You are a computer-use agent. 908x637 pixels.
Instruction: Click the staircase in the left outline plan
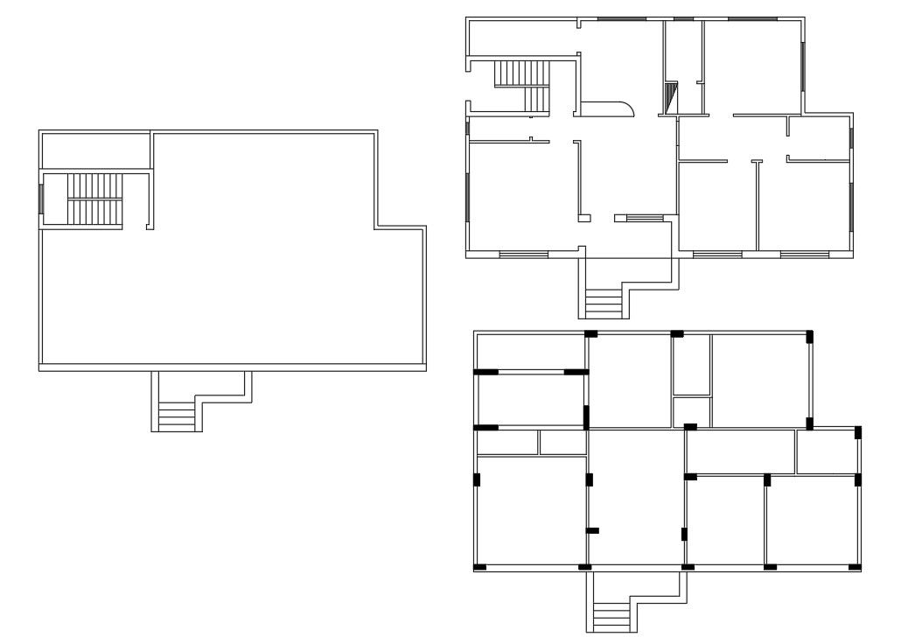(x=94, y=199)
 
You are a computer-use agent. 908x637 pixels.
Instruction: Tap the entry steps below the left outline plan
(x=177, y=416)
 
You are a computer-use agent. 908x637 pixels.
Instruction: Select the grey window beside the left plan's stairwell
(x=41, y=199)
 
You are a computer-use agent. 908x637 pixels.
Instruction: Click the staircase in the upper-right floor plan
(x=522, y=85)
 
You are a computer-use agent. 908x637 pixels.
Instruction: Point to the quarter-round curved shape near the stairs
(x=607, y=108)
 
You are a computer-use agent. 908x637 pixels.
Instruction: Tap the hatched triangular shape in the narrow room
(x=672, y=98)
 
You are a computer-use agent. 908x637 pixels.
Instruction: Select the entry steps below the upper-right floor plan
(x=603, y=303)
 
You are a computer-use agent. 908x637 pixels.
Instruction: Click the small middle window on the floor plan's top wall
(x=684, y=17)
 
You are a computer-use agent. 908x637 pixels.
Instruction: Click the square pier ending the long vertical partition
(x=584, y=217)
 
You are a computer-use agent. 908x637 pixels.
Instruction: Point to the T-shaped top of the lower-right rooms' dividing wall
(x=757, y=160)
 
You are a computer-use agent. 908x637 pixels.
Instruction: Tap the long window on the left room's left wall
(x=468, y=198)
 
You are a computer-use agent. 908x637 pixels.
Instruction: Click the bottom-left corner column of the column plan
(x=479, y=568)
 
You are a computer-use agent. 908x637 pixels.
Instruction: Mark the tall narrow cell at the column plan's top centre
(x=691, y=366)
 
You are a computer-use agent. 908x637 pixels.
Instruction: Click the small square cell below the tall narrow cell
(x=691, y=411)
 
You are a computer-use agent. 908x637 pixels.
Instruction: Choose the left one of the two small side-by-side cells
(x=508, y=443)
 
